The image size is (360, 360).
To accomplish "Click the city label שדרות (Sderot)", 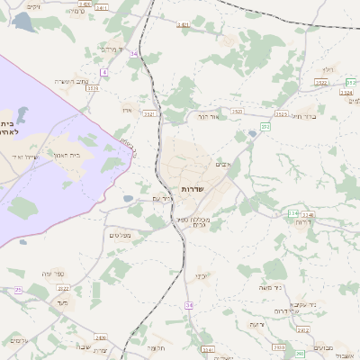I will [192, 189].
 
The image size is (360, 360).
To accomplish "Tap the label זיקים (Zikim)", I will [33, 6].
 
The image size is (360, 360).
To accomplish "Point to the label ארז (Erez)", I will [127, 110].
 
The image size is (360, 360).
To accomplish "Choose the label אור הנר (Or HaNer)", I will [208, 116].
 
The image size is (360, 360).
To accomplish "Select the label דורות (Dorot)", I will [303, 221].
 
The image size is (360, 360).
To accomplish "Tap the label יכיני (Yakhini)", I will [202, 276].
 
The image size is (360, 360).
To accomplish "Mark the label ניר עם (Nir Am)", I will [161, 198].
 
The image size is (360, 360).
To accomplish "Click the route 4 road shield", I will [104, 71].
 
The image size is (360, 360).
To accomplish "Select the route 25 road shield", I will [18, 290].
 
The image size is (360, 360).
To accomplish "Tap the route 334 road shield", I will [292, 213].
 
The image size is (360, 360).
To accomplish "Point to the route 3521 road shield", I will [150, 114].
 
